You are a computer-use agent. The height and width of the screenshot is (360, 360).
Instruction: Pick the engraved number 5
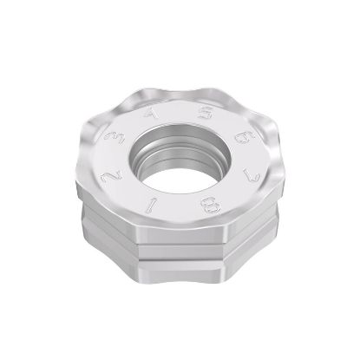[206, 113]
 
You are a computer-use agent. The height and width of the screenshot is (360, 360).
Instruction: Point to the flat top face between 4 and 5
[178, 110]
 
